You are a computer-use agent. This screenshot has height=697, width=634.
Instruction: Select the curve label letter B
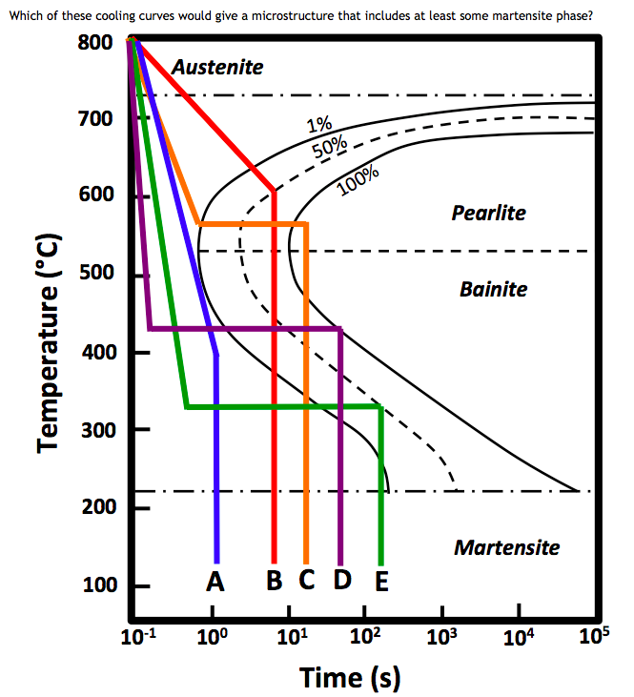pyautogui.click(x=275, y=581)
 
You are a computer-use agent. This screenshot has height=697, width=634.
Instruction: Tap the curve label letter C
pyautogui.click(x=307, y=581)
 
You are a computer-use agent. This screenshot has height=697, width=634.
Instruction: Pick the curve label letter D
pyautogui.click(x=341, y=581)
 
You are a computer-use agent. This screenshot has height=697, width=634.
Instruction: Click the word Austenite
pyautogui.click(x=217, y=68)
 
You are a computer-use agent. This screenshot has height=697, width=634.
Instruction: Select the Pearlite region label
pyautogui.click(x=488, y=213)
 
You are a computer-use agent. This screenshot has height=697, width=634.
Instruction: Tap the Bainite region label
pyautogui.click(x=493, y=289)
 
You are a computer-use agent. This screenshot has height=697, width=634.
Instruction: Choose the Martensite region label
pyautogui.click(x=506, y=547)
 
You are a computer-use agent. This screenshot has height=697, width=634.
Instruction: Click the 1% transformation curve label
pyautogui.click(x=318, y=125)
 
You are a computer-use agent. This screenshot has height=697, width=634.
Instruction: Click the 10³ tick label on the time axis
pyautogui.click(x=439, y=637)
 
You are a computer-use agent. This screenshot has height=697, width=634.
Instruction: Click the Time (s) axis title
pyautogui.click(x=350, y=678)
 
